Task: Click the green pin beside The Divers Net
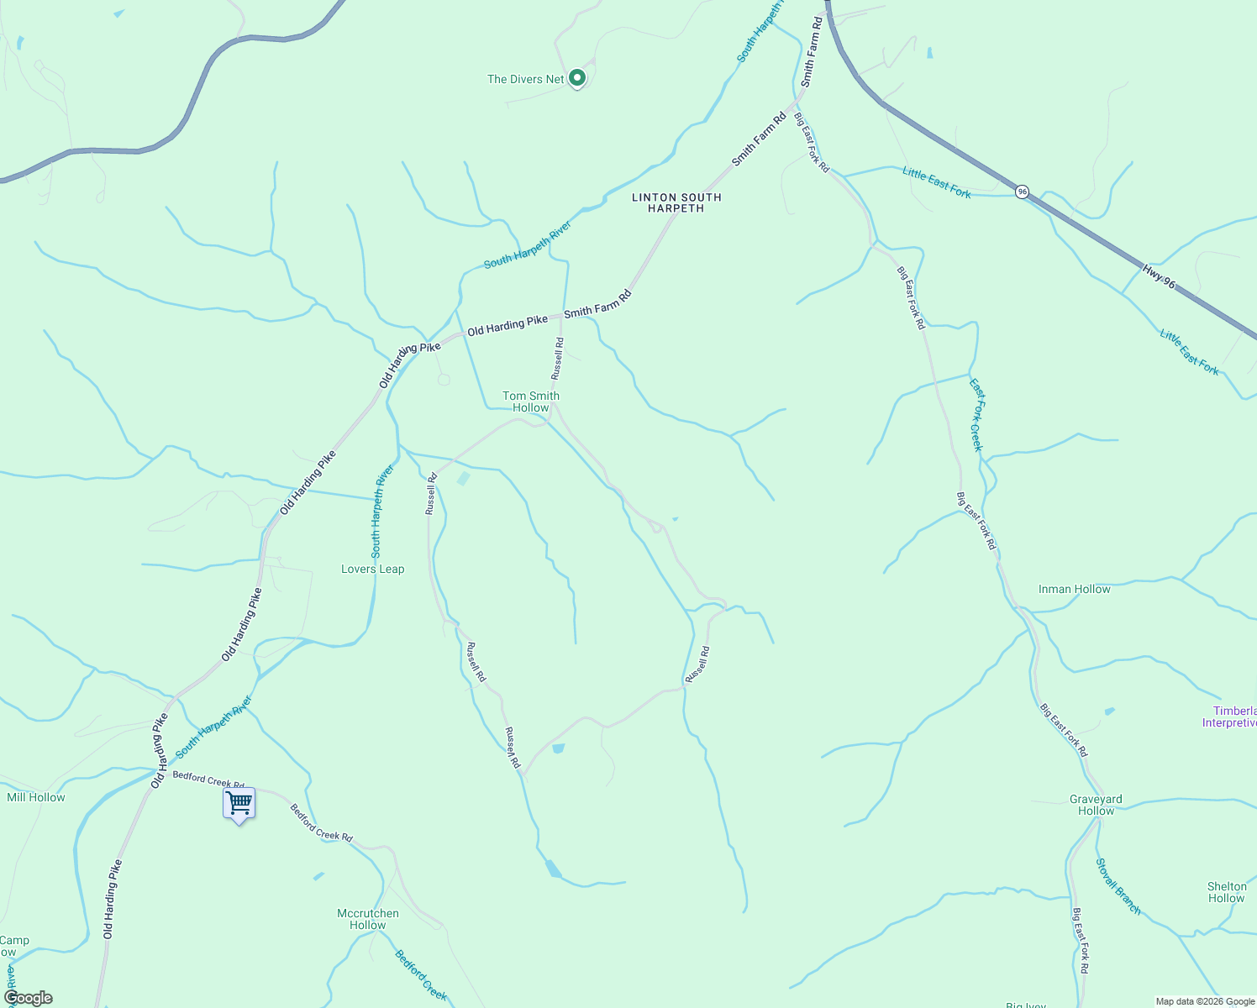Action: pyautogui.click(x=577, y=78)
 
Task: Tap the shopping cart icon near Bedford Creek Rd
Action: pyautogui.click(x=239, y=803)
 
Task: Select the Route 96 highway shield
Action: pyautogui.click(x=1022, y=192)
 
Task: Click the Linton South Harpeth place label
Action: pyautogui.click(x=676, y=202)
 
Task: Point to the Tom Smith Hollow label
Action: pyautogui.click(x=531, y=402)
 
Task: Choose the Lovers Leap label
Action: pyautogui.click(x=372, y=569)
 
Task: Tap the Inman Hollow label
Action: pyautogui.click(x=1074, y=589)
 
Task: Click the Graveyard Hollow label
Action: pyautogui.click(x=1096, y=805)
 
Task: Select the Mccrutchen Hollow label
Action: pyautogui.click(x=367, y=919)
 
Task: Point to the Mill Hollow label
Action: pyautogui.click(x=36, y=797)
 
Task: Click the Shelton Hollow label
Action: pyautogui.click(x=1227, y=892)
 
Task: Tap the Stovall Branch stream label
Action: pyautogui.click(x=1118, y=886)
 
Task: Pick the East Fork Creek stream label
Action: pyautogui.click(x=976, y=415)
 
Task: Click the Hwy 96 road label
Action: pyautogui.click(x=1159, y=276)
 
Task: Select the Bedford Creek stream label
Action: pyautogui.click(x=421, y=975)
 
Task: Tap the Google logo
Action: pyautogui.click(x=28, y=998)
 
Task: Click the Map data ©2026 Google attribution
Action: pyautogui.click(x=1205, y=1001)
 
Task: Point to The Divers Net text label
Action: pyautogui.click(x=526, y=79)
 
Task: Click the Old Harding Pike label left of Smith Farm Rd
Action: pyautogui.click(x=508, y=325)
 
